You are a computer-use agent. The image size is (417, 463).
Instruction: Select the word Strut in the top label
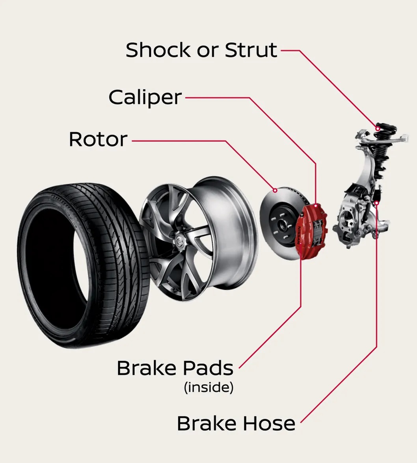click(251, 50)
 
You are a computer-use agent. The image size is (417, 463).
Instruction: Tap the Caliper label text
click(145, 97)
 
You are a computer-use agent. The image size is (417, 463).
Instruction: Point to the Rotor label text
click(98, 139)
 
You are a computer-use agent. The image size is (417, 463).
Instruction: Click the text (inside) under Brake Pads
click(208, 388)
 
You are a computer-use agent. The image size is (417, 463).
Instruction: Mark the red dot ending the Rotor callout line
click(275, 191)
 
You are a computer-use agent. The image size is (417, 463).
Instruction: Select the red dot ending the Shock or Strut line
click(378, 128)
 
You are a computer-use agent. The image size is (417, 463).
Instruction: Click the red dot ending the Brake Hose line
click(377, 203)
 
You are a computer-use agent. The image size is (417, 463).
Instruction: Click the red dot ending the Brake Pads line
click(301, 243)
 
